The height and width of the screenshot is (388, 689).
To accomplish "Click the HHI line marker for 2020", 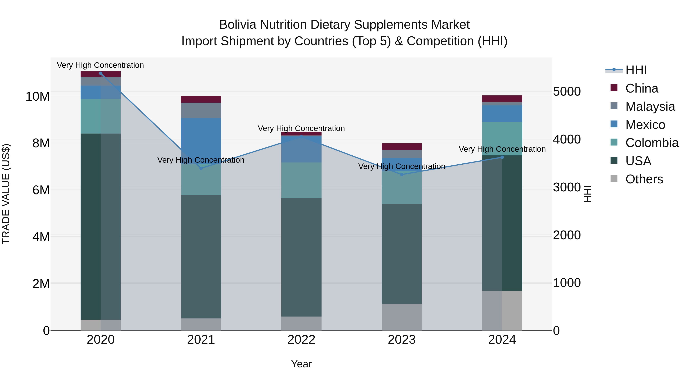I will coord(100,73).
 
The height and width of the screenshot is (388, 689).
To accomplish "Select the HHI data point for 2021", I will coord(201,168).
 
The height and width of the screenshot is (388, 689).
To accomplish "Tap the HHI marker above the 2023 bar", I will coord(402,175).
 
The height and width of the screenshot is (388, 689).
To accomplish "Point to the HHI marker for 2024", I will coord(502,157).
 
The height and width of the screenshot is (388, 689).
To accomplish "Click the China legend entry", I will coord(641,88).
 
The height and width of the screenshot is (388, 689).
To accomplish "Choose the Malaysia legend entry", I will coord(650,107).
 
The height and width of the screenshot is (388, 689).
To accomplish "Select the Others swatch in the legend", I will coord(614,179).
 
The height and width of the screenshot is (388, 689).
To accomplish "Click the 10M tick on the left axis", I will coord(38,96).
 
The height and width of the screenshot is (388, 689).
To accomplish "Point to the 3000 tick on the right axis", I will coord(567,187).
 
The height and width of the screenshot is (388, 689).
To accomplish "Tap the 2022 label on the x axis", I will coord(301,340).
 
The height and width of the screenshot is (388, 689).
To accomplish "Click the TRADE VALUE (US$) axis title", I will coord(6,194).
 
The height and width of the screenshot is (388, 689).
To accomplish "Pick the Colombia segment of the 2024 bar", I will coord(502,139).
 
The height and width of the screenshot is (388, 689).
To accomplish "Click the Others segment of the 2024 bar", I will coord(502,311).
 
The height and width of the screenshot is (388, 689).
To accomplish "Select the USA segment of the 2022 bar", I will coord(301,257).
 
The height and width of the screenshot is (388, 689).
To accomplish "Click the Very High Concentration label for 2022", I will coord(301,129).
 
